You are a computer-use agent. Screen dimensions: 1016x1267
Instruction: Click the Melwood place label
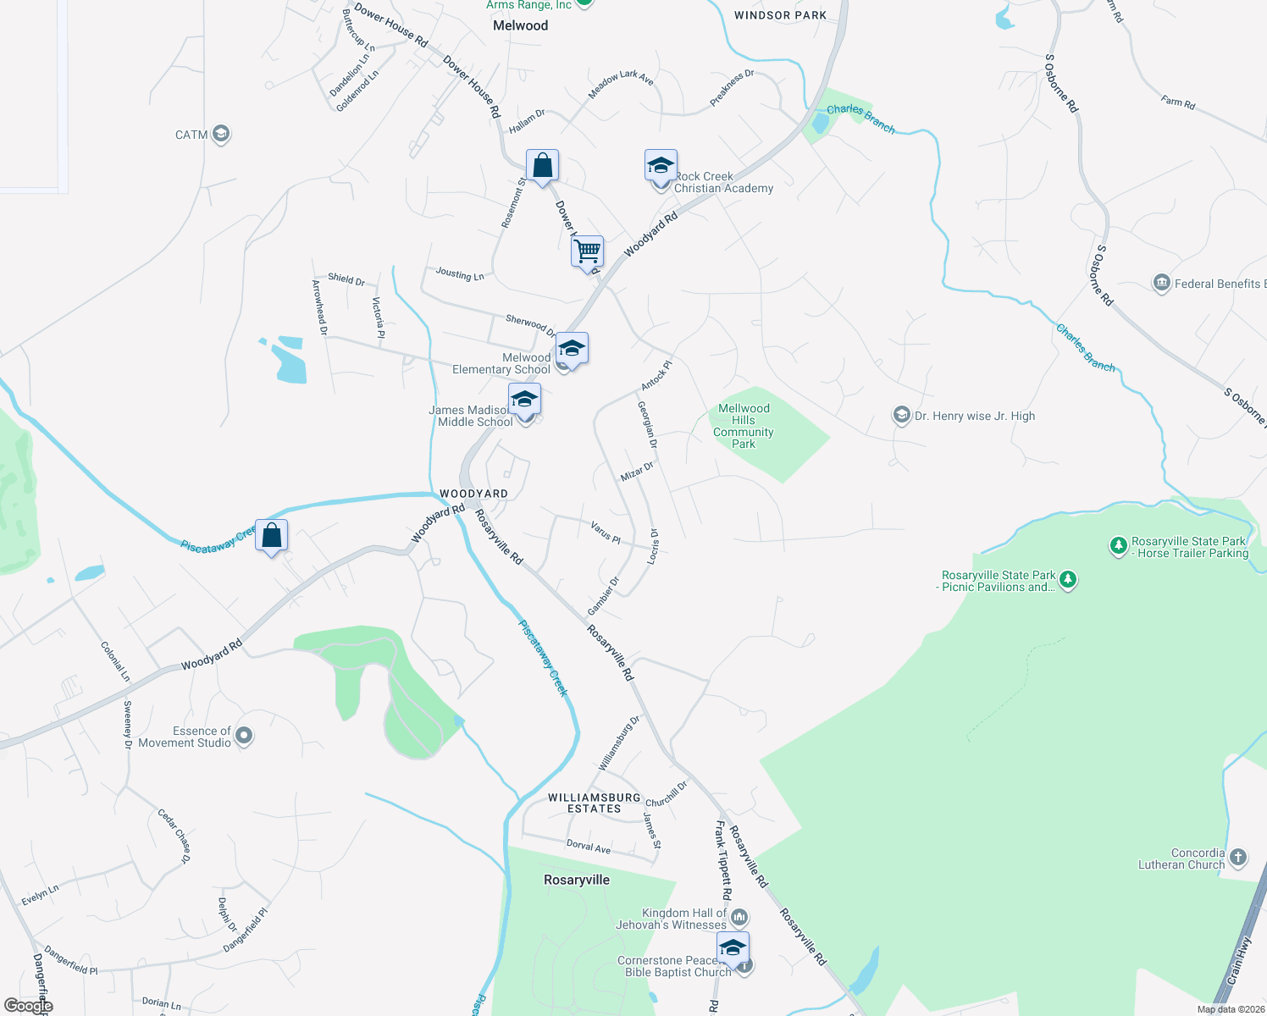coord(520,25)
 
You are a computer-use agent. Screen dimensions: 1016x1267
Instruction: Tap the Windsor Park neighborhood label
coord(780,15)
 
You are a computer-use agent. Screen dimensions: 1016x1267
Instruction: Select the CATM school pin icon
coord(221,134)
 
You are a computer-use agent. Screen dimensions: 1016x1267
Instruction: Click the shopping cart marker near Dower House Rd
coord(587,251)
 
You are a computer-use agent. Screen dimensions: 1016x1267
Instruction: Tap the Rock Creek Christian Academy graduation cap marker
coord(661,166)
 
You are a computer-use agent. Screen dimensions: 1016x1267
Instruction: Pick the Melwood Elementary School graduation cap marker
coord(572,348)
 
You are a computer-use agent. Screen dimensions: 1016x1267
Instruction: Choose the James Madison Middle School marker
coord(524,400)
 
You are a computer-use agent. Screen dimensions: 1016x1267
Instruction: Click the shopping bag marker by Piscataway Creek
coord(271,535)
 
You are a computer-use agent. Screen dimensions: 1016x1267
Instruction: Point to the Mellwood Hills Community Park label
coord(744,426)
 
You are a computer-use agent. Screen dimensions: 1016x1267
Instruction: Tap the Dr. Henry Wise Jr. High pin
coord(902,415)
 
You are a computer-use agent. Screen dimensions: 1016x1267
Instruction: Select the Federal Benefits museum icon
coord(1162,283)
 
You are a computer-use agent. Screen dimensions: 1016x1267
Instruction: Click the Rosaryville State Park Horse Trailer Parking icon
coord(1119,545)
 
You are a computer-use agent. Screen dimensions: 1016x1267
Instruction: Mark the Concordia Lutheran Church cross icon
coord(1238,857)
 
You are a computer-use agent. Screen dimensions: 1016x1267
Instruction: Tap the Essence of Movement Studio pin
coord(244,736)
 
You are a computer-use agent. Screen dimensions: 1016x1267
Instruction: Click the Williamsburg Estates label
coord(595,803)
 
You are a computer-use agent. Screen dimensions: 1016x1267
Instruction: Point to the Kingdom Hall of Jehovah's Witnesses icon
coord(739,916)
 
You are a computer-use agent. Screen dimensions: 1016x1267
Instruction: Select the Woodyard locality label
coord(473,494)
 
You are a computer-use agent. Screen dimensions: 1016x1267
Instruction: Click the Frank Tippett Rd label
coord(722,859)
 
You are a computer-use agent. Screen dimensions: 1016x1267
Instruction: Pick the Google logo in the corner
coord(28,1006)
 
